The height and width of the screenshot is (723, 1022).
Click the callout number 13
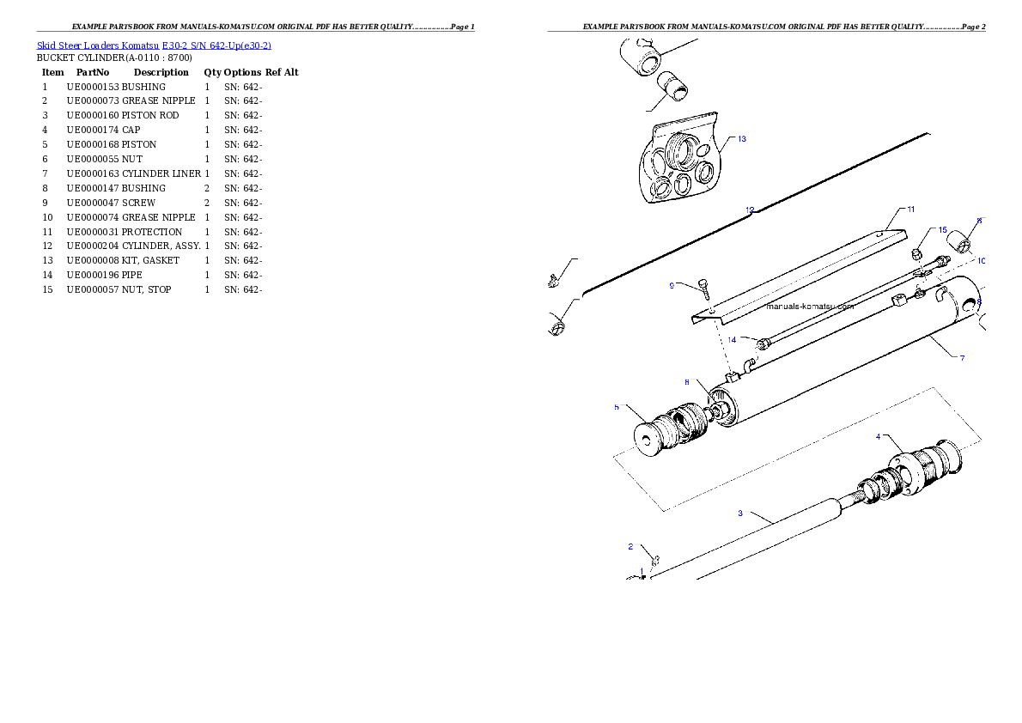[741, 139]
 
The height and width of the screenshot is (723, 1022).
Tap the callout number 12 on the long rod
[750, 210]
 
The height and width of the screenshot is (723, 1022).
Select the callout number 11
[910, 210]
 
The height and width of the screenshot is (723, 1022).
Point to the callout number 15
[942, 230]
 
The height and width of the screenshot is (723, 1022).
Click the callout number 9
[672, 285]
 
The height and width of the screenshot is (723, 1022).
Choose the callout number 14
[732, 339]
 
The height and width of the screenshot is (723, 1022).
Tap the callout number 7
[962, 357]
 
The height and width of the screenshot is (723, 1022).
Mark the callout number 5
[616, 407]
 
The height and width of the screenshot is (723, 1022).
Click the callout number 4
[878, 436]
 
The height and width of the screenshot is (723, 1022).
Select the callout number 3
[740, 513]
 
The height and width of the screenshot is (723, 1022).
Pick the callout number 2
[630, 546]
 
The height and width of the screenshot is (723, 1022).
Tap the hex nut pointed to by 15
[917, 253]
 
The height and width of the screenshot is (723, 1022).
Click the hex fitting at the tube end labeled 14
[762, 344]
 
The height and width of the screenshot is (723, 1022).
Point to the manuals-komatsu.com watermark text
[810, 306]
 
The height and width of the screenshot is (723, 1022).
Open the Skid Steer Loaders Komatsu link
[155, 46]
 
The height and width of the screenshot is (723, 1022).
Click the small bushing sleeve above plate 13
[673, 88]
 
